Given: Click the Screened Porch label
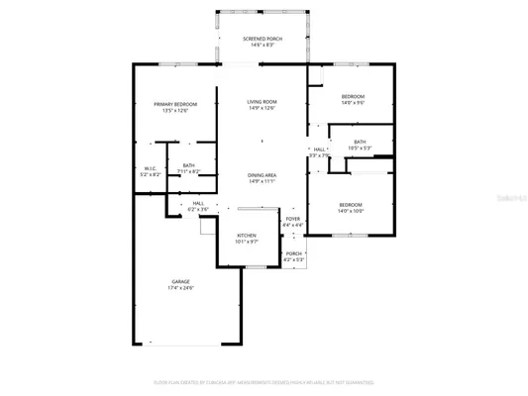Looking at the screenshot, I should coord(263,39).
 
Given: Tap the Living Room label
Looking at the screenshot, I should coord(262,102).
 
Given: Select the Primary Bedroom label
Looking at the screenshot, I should coord(174,104).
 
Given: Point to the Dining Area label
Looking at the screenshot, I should coord(262,175).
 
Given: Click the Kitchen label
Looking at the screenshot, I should coord(246,235).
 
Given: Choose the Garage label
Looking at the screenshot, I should coord(180,282).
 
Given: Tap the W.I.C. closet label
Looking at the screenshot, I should coord(151,168).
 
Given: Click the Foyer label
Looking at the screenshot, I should coord(292,219).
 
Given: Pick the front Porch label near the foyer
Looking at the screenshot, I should coord(293,253).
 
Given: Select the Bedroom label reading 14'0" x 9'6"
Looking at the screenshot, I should coord(353,96).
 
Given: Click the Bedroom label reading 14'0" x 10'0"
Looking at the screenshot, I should coord(351,204).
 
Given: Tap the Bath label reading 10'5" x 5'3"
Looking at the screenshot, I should coord(360,143).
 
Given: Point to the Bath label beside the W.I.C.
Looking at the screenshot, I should coord(188,165).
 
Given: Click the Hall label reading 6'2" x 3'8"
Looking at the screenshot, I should coord(198,203).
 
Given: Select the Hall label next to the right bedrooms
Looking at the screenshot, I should coord(319,149).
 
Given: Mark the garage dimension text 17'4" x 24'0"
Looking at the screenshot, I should coord(180,288).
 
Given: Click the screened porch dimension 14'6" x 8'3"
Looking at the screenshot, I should coord(263,46).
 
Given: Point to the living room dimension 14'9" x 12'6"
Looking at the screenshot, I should coord(262,108).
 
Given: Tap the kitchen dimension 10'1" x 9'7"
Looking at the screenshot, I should coord(246,241).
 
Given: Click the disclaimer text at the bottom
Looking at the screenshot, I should coord(264,381).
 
